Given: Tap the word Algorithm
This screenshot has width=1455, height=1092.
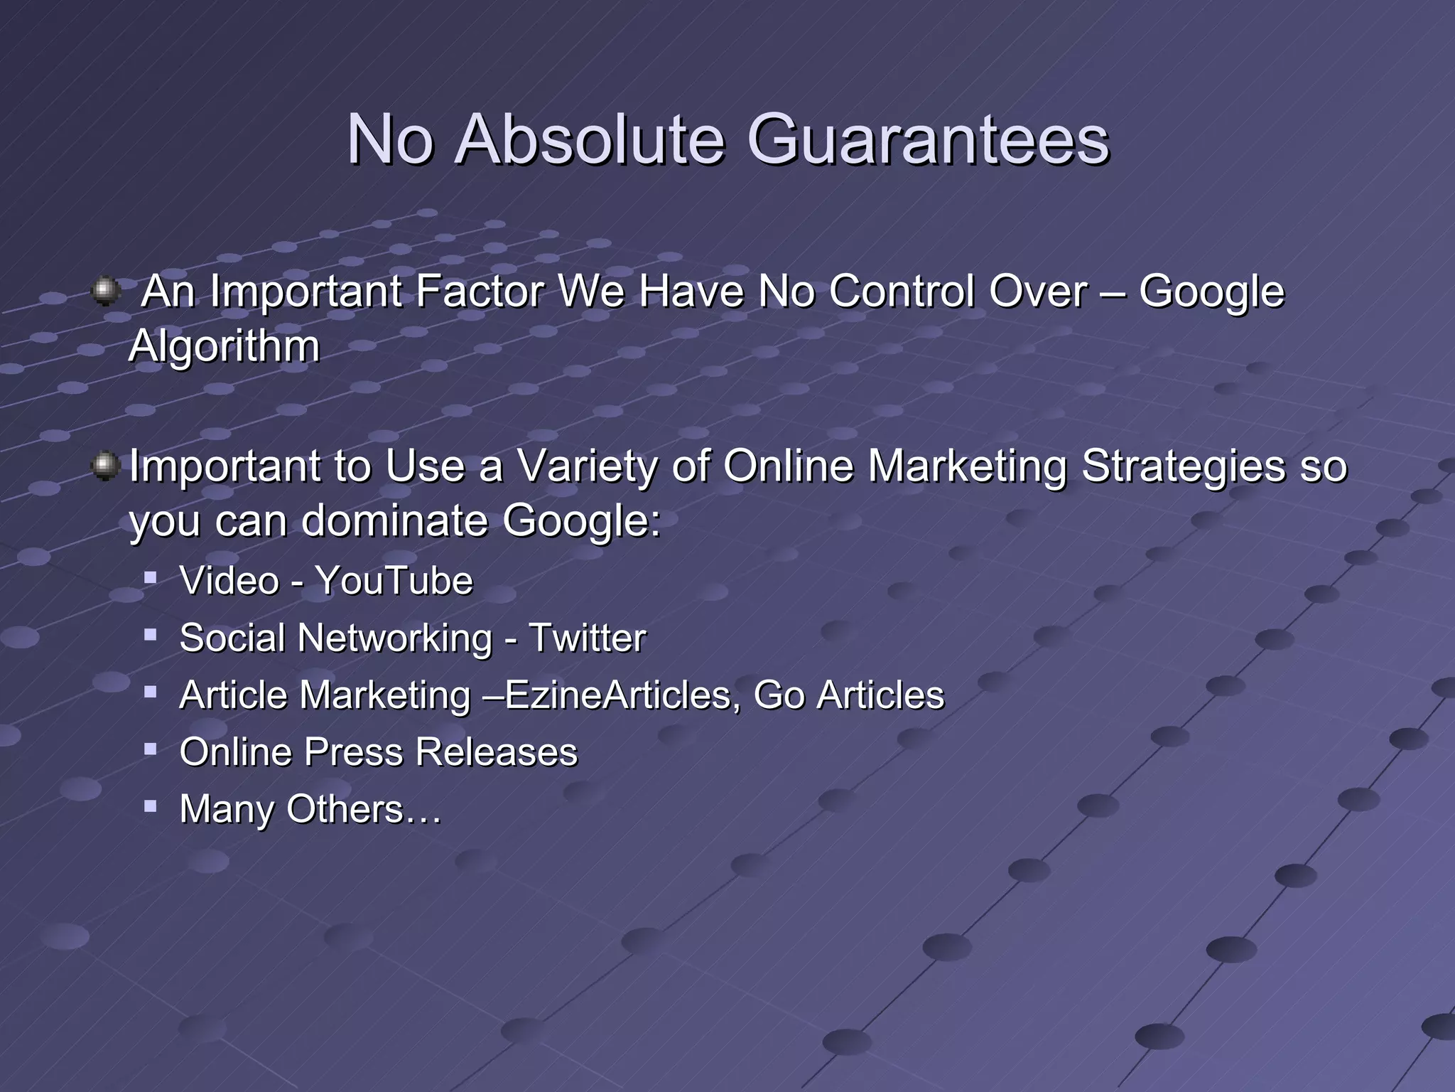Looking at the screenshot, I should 224,347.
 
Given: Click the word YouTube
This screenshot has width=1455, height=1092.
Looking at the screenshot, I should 394,581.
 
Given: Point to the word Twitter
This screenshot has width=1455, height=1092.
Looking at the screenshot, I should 587,638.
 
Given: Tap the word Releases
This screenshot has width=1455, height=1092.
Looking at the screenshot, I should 496,752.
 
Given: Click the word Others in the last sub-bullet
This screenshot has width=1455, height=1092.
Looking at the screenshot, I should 345,809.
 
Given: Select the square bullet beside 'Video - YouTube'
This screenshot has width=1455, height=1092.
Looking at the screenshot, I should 150,577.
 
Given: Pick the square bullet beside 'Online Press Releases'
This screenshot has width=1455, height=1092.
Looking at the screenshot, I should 150,748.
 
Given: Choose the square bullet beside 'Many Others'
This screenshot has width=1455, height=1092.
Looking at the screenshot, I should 150,805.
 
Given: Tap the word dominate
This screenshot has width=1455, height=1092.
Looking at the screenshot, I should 394,521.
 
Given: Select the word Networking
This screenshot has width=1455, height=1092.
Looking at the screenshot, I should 395,638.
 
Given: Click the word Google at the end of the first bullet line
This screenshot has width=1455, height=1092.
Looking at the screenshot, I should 1211,292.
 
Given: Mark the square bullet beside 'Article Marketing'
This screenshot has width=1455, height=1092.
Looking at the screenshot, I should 150,691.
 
